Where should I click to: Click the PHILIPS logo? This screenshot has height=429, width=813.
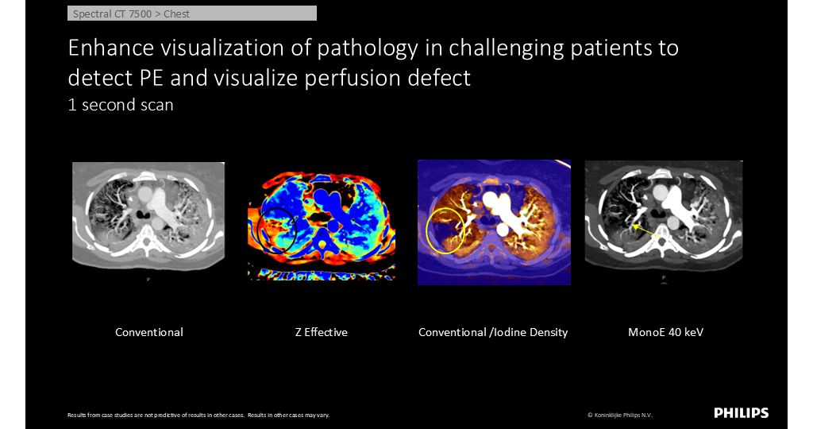(x=741, y=413)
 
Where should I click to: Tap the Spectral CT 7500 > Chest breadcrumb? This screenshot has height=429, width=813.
(x=192, y=14)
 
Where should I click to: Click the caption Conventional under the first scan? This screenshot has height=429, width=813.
(x=149, y=332)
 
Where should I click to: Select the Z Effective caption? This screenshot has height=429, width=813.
(x=322, y=332)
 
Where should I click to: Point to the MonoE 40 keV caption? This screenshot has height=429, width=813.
(x=666, y=332)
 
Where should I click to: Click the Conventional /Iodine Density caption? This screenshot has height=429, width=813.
(x=493, y=332)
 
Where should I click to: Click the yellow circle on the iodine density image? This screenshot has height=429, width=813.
(x=426, y=231)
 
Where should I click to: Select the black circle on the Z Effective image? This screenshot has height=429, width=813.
(x=257, y=231)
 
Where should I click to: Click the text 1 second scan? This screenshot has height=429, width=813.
(x=121, y=105)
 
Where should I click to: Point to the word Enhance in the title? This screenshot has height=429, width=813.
(x=111, y=48)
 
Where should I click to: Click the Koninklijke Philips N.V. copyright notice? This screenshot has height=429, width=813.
(x=619, y=415)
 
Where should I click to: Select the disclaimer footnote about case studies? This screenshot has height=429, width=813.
(x=198, y=415)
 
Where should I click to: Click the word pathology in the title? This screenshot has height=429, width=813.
(x=368, y=48)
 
